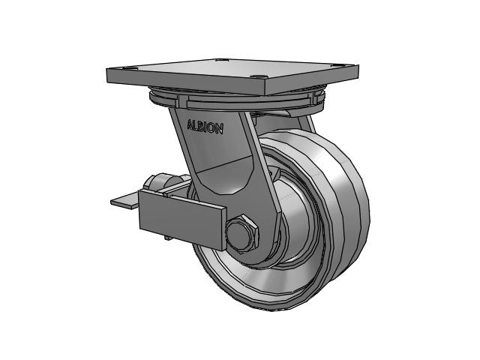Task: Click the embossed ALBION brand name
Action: click(x=205, y=127)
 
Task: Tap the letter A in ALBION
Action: click(x=190, y=124)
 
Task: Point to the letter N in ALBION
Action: click(x=220, y=129)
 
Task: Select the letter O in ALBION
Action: click(x=212, y=128)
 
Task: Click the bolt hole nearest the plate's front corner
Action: click(x=258, y=76)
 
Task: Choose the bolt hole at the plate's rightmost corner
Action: click(x=338, y=65)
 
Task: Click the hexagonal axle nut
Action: click(x=241, y=234)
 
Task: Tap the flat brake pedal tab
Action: click(x=125, y=201)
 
